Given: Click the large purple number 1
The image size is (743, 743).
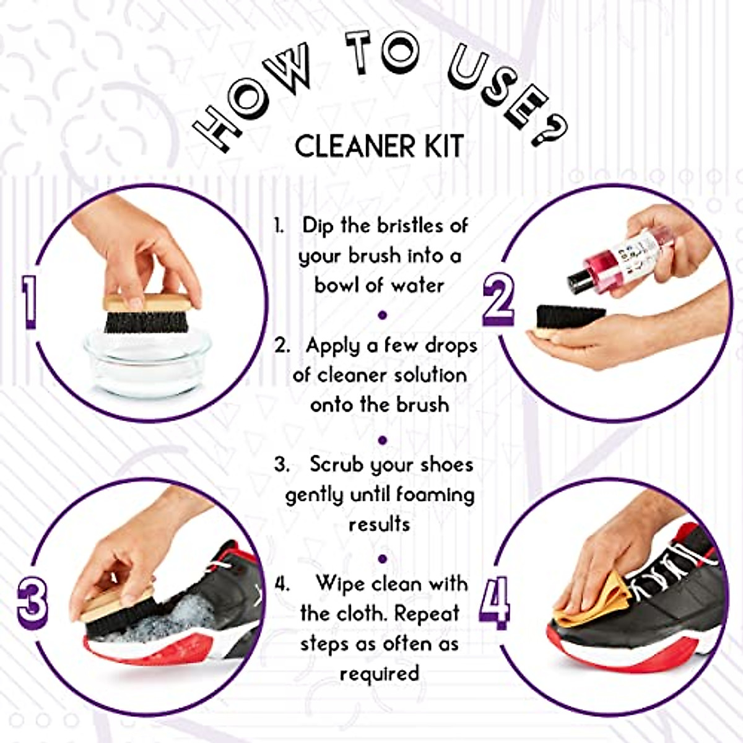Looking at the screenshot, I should [28, 302].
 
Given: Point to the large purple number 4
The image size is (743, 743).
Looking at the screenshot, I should [495, 599].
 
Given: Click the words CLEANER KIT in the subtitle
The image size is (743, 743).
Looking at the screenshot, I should [378, 146].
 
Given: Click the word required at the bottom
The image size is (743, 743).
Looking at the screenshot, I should [379, 673].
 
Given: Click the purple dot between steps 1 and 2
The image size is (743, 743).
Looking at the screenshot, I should [382, 315].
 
